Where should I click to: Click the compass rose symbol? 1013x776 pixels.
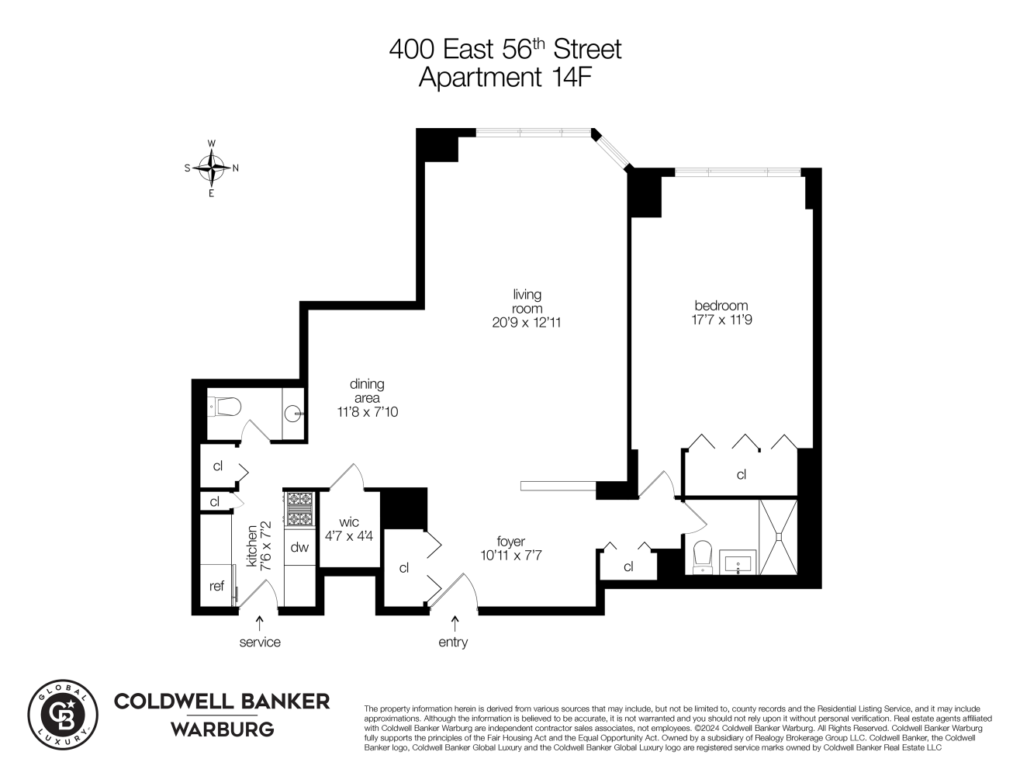(x=211, y=167)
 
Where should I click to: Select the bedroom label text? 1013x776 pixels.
(x=721, y=306)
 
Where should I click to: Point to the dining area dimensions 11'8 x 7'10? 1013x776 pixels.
(x=367, y=412)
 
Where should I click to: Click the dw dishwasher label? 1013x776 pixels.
(x=299, y=548)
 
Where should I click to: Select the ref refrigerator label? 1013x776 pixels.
(x=216, y=587)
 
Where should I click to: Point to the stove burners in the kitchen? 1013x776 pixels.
(x=299, y=509)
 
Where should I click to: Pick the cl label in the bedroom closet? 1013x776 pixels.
(x=741, y=474)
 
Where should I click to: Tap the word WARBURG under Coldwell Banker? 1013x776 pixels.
(x=222, y=729)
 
